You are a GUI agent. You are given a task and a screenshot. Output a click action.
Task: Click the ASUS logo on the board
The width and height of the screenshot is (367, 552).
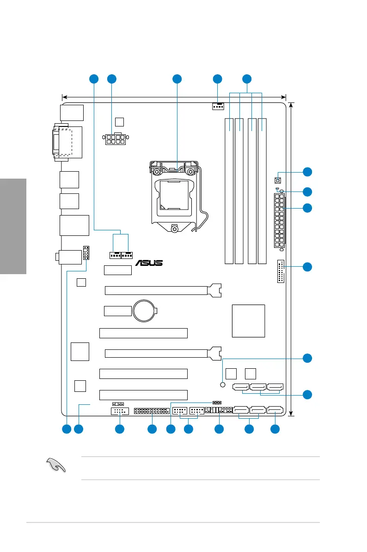coord(149,263)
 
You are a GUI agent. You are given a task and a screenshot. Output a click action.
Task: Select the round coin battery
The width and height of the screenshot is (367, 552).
coord(146,312)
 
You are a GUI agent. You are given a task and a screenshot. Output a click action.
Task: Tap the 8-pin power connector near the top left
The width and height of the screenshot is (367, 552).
coord(115,139)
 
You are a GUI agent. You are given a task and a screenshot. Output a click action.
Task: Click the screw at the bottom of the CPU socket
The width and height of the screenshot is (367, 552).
coord(174,228)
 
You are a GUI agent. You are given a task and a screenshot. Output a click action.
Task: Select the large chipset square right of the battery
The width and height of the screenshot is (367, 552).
coord(249,321)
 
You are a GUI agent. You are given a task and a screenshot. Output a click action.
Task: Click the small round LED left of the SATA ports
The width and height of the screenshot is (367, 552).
coord(222,385)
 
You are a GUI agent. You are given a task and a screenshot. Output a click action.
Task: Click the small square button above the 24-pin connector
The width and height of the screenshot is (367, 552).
coord(278,180)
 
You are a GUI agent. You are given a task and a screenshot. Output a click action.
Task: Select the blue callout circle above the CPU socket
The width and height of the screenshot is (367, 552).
coord(177,79)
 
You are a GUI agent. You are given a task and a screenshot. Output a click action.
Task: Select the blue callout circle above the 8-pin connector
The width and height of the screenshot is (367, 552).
coord(111,79)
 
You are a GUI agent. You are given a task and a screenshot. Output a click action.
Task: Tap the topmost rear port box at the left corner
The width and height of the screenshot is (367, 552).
coord(72,113)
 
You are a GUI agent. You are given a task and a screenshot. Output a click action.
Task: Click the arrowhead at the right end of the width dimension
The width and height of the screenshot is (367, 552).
coord(284,97)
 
